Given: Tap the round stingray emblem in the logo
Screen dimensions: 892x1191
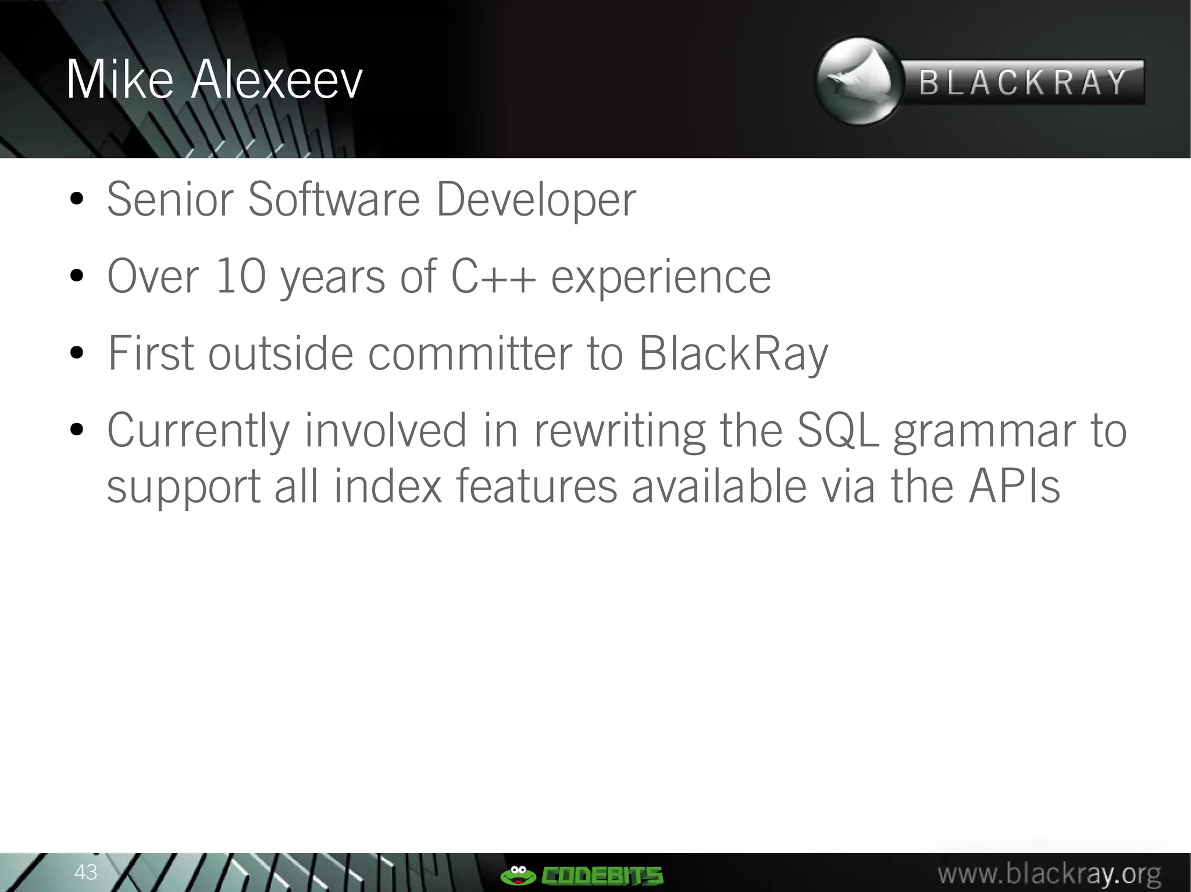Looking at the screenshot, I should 858,81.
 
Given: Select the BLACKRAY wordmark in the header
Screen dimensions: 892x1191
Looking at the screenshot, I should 1024,82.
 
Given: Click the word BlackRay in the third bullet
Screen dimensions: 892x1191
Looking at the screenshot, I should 733,354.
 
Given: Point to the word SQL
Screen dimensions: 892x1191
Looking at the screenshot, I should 838,431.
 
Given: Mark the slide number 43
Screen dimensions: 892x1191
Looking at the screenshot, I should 85,872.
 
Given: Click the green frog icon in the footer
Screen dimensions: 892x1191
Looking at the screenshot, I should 518,874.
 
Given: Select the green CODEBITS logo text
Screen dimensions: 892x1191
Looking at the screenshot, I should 602,875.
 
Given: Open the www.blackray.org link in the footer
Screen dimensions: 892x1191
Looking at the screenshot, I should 1050,873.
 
